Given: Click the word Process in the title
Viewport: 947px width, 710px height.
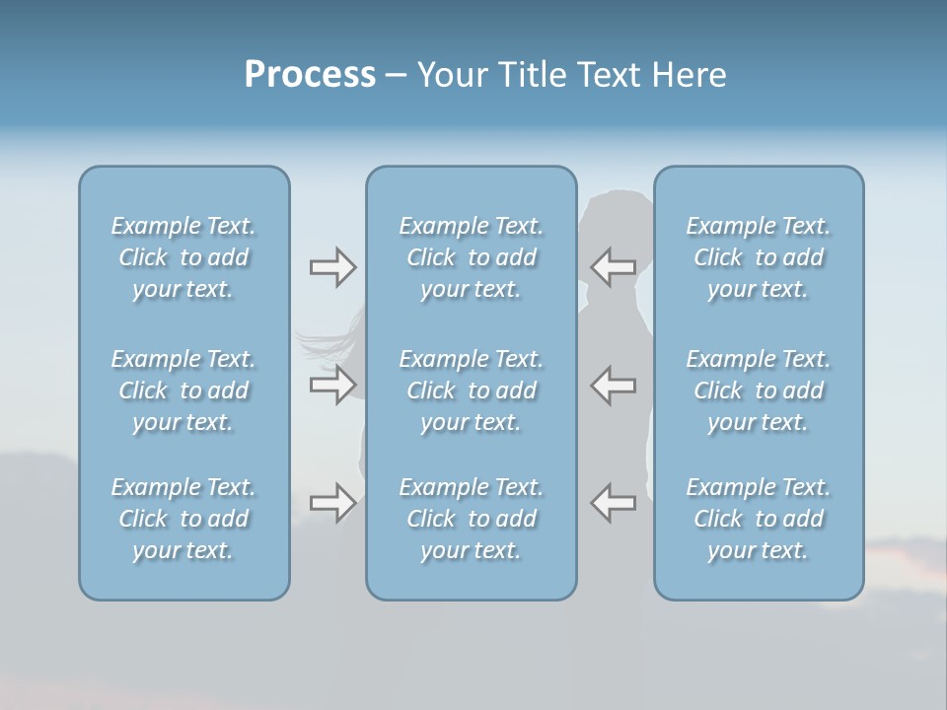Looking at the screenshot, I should (x=310, y=75).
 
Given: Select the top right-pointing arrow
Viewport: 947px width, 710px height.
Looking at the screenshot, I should (x=332, y=266).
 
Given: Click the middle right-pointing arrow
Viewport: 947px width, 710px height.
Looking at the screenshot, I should (x=332, y=385).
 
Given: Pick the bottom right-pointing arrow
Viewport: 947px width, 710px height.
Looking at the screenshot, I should (x=332, y=503).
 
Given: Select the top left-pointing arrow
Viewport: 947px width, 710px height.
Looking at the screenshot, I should (x=614, y=266).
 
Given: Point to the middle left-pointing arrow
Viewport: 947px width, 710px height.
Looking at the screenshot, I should (x=614, y=385).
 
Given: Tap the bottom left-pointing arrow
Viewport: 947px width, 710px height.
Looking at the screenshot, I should (x=614, y=503).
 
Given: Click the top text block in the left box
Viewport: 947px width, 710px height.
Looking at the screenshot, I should (x=183, y=257).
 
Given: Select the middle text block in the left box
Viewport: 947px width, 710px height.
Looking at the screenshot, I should (x=183, y=390).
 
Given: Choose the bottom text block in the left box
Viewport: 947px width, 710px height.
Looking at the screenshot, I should (x=183, y=519).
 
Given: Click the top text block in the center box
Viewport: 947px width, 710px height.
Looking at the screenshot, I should (x=472, y=257).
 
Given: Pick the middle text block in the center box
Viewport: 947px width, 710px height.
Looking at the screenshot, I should (x=472, y=390).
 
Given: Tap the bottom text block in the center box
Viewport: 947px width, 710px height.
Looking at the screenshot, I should (x=472, y=519).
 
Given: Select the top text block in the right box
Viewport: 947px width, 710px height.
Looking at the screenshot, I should (x=759, y=257).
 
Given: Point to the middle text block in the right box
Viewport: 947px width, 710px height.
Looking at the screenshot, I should (x=759, y=390).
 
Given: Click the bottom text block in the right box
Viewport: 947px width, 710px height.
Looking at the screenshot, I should (x=759, y=519).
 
